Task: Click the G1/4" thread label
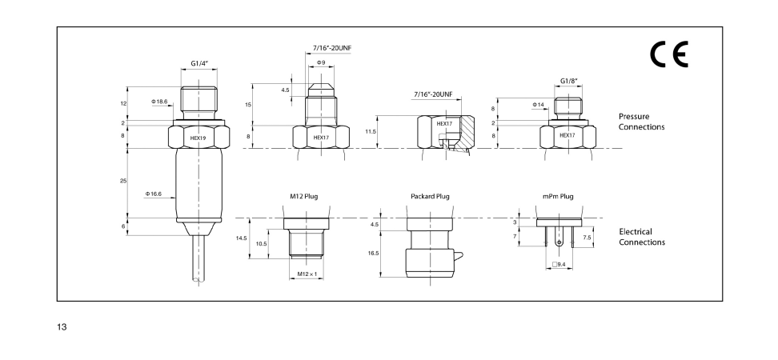pos(200,63)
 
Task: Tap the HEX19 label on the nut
pos(199,138)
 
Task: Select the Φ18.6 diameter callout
pos(159,102)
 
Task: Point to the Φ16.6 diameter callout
pos(154,194)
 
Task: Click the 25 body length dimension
pos(123,182)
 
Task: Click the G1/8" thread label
pos(569,80)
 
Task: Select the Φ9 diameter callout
pos(320,62)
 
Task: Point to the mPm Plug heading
pos(558,196)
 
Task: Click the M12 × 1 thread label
pos(307,274)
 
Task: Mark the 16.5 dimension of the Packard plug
pos(374,253)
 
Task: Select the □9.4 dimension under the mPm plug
pos(559,264)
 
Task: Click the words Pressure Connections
pos(641,122)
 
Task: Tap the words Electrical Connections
pos(641,237)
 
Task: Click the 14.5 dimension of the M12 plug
pos(242,238)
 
